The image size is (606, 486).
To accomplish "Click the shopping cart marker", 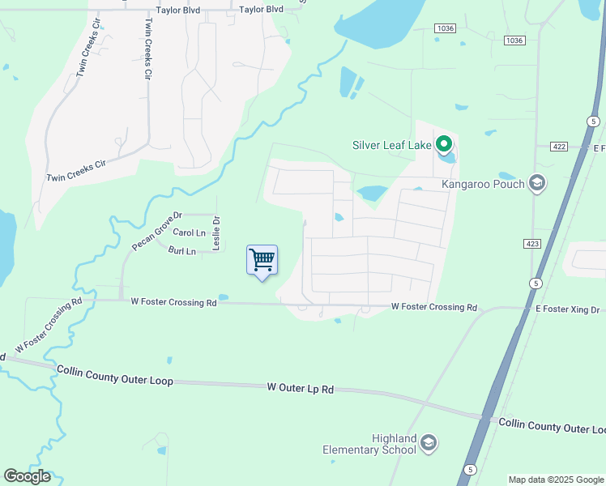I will pyautogui.click(x=262, y=260).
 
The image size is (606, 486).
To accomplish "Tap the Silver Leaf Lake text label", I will pyautogui.click(x=392, y=146).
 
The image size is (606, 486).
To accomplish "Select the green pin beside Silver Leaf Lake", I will pyautogui.click(x=443, y=145).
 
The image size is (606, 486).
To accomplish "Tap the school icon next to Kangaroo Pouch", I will pyautogui.click(x=536, y=184).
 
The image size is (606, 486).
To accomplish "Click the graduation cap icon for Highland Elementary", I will pyautogui.click(x=429, y=443).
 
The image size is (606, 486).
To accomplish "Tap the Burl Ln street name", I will pyautogui.click(x=182, y=251).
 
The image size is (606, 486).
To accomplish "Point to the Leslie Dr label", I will pyautogui.click(x=216, y=232).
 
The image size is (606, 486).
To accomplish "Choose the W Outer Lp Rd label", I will pyautogui.click(x=301, y=389).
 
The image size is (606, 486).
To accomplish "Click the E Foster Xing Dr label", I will pyautogui.click(x=566, y=310).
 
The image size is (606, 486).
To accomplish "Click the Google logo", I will pyautogui.click(x=27, y=476).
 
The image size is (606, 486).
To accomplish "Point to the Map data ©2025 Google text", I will pyautogui.click(x=555, y=480).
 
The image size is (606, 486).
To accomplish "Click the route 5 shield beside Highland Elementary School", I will pyautogui.click(x=470, y=470).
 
